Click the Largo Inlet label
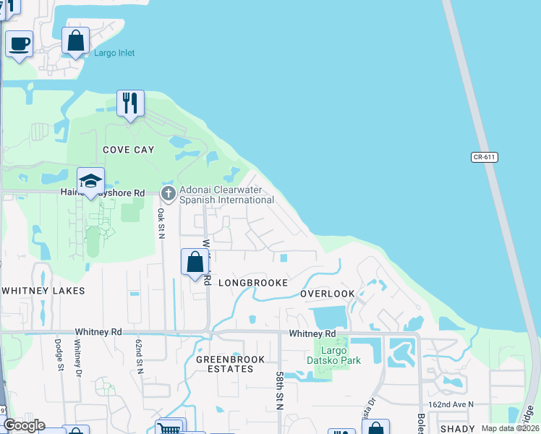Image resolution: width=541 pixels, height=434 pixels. [114, 53]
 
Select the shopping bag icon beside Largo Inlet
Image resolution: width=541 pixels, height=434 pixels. [76, 41]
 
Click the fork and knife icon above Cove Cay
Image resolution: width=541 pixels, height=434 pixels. [130, 103]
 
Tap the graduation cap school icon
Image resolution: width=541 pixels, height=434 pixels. [91, 181]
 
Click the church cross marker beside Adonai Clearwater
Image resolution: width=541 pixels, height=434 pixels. [169, 193]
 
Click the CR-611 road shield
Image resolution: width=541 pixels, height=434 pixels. [486, 157]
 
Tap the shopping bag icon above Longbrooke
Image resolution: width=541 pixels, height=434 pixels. [195, 262]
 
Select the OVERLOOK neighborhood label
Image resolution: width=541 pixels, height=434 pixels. [328, 294]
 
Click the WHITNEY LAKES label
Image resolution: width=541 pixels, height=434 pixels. [43, 291]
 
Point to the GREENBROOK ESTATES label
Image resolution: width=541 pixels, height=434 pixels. [225, 363]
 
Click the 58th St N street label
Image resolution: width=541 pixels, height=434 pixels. [279, 391]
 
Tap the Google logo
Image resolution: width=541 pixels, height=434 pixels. [24, 425]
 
